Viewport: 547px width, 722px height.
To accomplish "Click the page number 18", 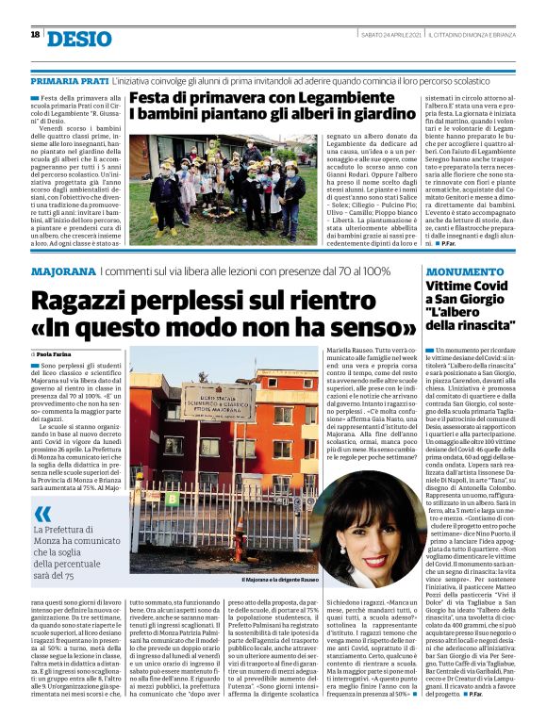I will [x=34, y=35].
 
